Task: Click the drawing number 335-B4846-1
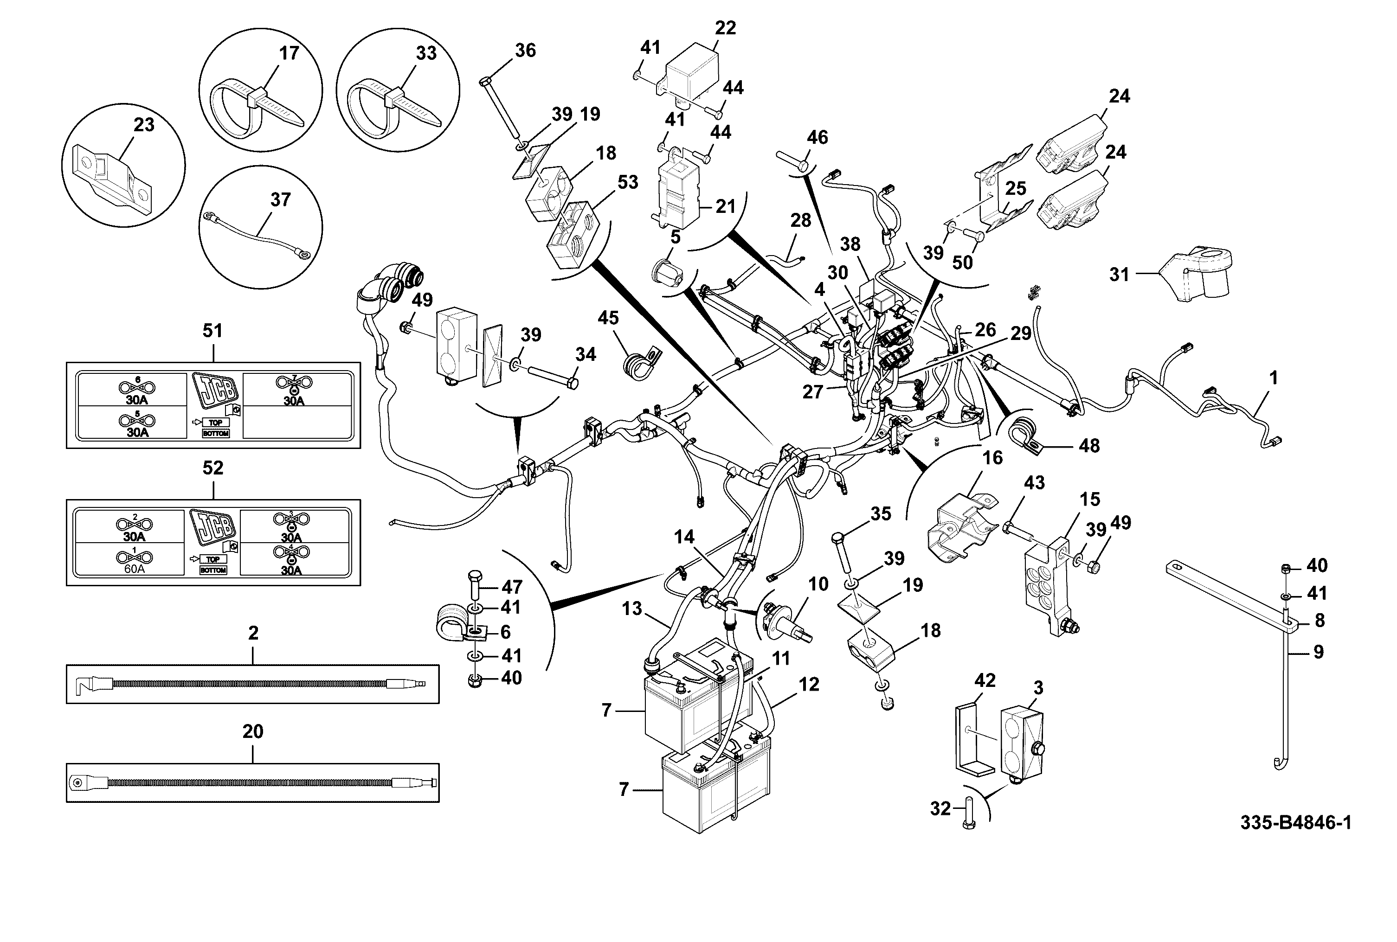click(x=1295, y=822)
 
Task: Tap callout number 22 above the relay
click(x=725, y=28)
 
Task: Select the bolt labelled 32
click(x=968, y=812)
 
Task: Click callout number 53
click(x=627, y=181)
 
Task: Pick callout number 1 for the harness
click(x=1273, y=378)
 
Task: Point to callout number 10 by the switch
click(x=818, y=583)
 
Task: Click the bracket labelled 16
click(x=961, y=525)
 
